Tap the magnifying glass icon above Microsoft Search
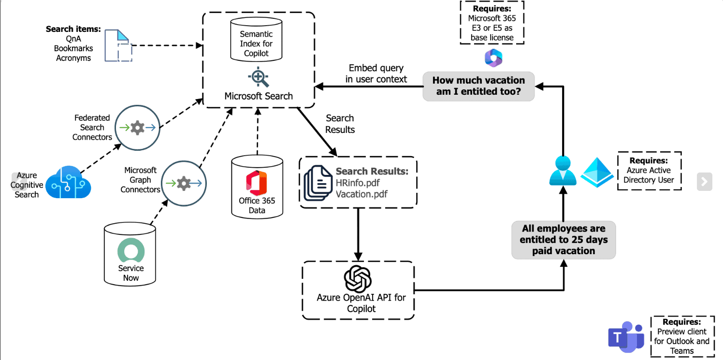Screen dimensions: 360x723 [258, 77]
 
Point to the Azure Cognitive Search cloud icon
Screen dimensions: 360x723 [68, 182]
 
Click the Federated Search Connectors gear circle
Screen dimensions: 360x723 [137, 128]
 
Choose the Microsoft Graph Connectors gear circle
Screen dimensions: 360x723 [183, 184]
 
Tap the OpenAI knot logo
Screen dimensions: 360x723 [358, 279]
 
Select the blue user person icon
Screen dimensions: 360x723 [563, 171]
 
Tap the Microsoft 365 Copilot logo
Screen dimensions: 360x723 [493, 58]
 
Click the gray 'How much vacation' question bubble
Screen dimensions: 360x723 [478, 86]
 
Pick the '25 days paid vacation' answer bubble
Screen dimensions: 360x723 [563, 240]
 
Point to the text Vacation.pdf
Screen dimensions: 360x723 [361, 194]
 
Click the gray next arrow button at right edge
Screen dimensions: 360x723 [704, 181]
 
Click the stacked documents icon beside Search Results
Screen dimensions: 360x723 [317, 182]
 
